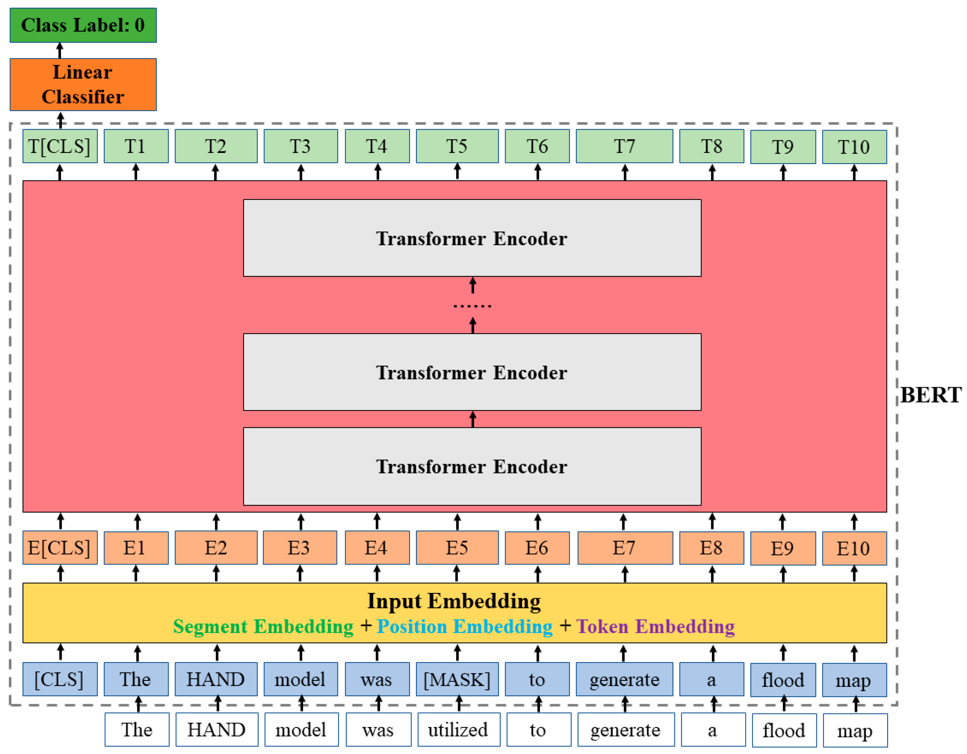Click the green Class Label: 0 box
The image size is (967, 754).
[83, 25]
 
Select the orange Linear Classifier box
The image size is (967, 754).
[83, 84]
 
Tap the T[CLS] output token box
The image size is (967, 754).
[60, 146]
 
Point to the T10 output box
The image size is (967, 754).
[854, 146]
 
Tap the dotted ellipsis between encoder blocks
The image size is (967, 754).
[472, 306]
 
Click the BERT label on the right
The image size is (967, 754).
[930, 395]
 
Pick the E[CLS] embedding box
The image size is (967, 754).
[60, 548]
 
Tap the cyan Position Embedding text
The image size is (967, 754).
[465, 626]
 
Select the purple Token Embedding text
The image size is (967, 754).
[655, 626]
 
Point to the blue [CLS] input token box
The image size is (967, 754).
[60, 679]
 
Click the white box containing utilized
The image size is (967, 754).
[458, 730]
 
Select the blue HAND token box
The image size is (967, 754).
[216, 679]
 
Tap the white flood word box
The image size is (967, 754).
[784, 731]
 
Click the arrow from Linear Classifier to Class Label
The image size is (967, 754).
[60, 51]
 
